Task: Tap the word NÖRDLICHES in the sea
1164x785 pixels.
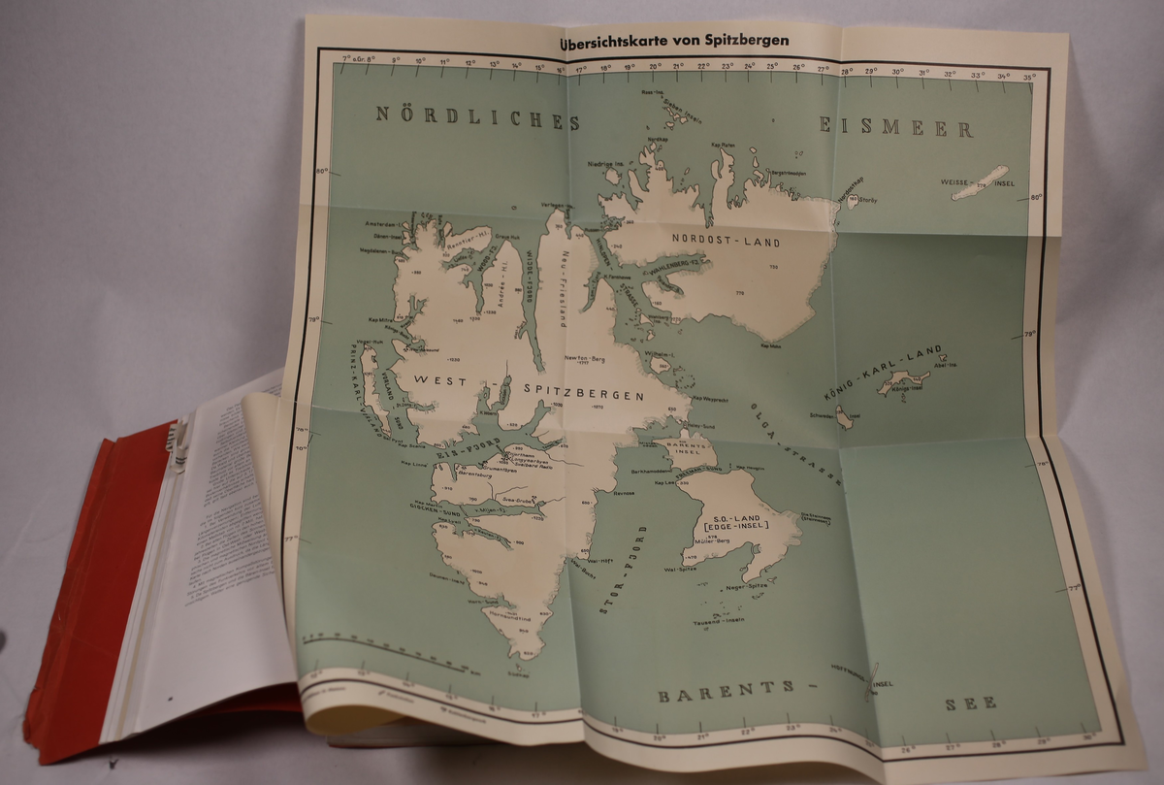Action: tap(478, 119)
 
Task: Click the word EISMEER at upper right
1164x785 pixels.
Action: tap(896, 126)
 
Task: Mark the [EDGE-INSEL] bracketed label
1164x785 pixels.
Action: tap(733, 527)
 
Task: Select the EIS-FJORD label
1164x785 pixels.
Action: tap(470, 452)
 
